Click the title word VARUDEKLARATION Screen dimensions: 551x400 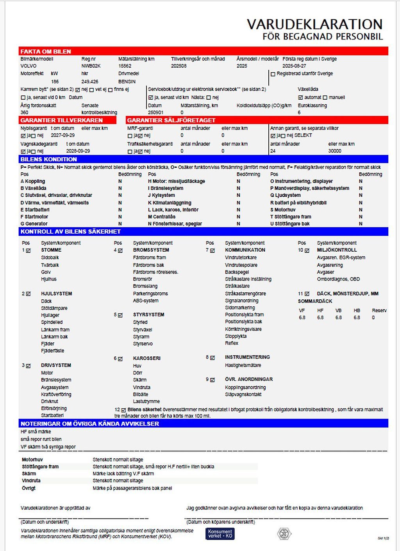314,24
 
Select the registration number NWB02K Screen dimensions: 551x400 91,66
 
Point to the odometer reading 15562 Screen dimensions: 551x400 125,66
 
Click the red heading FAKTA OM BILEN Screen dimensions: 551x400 46,52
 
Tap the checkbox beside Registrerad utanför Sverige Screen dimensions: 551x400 273,74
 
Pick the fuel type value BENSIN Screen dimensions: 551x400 127,82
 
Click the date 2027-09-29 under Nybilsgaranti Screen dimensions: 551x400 62,135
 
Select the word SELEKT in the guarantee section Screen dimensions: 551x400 303,135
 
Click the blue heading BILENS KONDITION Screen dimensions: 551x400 49,159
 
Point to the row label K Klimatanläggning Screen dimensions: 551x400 170,203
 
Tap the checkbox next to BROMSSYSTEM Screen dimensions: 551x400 120,250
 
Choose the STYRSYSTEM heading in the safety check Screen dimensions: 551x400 148,315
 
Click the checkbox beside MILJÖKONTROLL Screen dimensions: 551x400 307,250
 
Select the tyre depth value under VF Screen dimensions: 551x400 302,318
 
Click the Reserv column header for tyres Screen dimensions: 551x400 379,311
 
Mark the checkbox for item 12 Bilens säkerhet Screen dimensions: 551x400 123,410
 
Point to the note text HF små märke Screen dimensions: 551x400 36,432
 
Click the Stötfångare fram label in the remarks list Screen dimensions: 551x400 40,467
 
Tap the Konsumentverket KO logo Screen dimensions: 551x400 220,534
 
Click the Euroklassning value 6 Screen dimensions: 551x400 299,113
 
